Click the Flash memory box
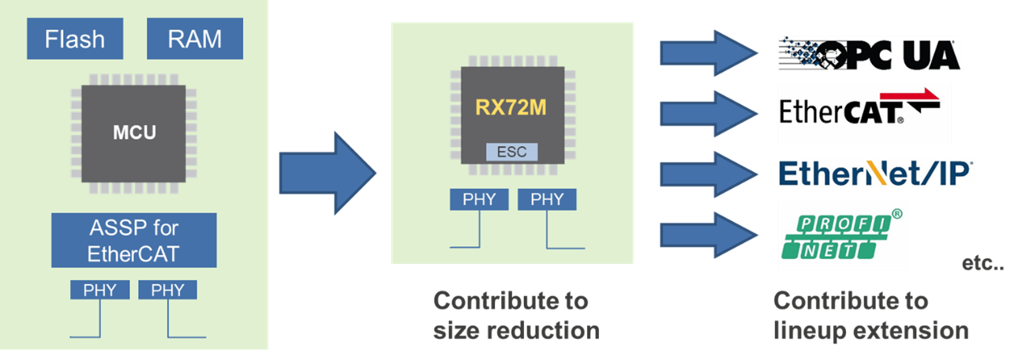pyautogui.click(x=75, y=39)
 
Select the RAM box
pyautogui.click(x=194, y=39)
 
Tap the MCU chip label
pyautogui.click(x=133, y=132)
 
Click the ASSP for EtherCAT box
pyautogui.click(x=133, y=241)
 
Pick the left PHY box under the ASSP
pyautogui.click(x=99, y=290)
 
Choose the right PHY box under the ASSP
pyautogui.click(x=167, y=290)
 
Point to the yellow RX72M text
pyautogui.click(x=511, y=107)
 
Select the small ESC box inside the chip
pyautogui.click(x=511, y=152)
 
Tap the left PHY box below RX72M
pyautogui.click(x=479, y=199)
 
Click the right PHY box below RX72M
pyautogui.click(x=547, y=199)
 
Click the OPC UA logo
pyautogui.click(x=868, y=55)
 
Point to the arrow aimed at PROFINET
pyautogui.click(x=706, y=236)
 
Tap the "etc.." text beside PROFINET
pyautogui.click(x=982, y=265)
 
